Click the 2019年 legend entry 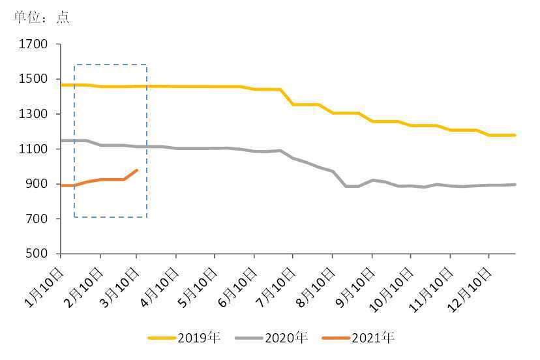point(185,338)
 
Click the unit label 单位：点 point(41,18)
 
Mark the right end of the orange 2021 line point(137,170)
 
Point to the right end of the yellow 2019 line point(515,135)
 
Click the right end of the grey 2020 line point(515,185)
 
